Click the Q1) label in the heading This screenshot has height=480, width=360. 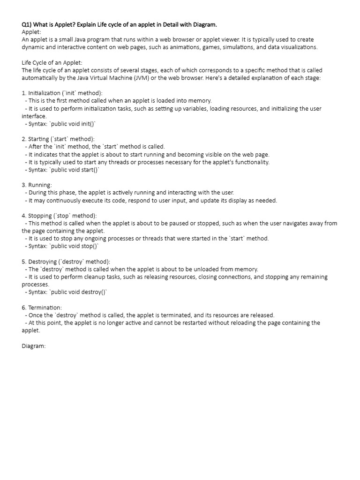click(x=27, y=24)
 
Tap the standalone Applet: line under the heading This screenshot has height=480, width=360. click(x=31, y=32)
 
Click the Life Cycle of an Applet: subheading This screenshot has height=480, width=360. click(x=52, y=62)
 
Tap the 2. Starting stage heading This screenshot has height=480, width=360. click(x=58, y=139)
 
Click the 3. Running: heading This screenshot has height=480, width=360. click(x=37, y=185)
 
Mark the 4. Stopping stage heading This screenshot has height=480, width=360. click(x=59, y=216)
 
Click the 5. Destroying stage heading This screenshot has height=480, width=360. click(x=66, y=262)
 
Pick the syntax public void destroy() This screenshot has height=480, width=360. click(x=80, y=292)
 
